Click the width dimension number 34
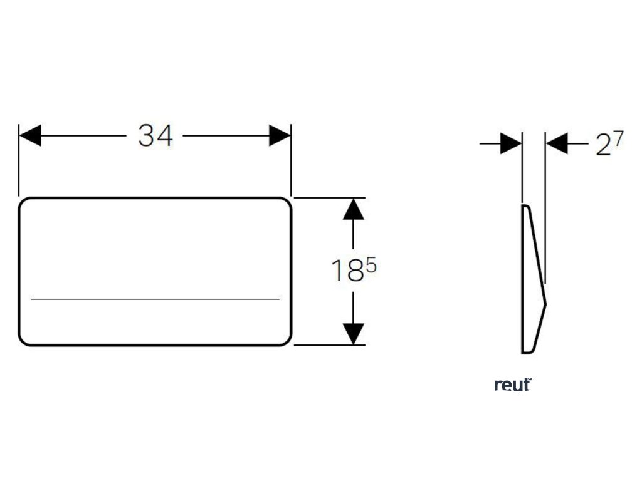coord(155,135)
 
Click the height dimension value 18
coord(347,271)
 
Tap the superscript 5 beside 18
coord(371,266)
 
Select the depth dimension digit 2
coord(603,146)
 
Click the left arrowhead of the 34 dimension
coord(30,135)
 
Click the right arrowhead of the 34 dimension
coord(280,135)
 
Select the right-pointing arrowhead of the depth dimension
coord(511,144)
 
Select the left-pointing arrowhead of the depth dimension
coord(557,144)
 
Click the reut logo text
coord(512,385)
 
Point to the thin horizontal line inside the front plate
coord(155,299)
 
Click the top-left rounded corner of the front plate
coord(24,203)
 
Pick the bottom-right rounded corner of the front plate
coord(286,340)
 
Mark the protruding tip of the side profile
coord(545,304)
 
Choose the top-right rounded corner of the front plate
coord(286,203)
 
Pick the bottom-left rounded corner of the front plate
coord(24,340)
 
